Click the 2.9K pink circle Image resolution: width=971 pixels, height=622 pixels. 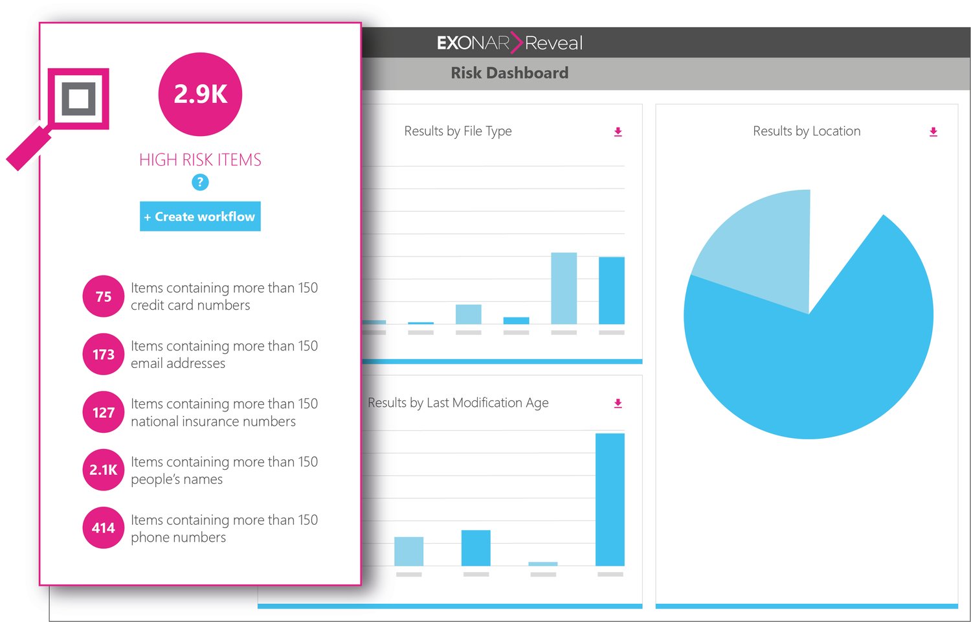[200, 95]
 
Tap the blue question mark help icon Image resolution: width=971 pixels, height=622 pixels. [200, 183]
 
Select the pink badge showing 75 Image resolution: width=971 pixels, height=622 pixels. [103, 297]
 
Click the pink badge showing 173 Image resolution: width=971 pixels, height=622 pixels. [103, 354]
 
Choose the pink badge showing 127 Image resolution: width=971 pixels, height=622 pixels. [103, 412]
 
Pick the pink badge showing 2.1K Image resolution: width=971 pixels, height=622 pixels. [103, 470]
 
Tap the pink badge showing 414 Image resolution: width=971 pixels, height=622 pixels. [103, 528]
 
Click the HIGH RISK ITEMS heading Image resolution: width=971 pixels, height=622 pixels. [200, 160]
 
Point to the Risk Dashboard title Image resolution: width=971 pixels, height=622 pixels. [509, 73]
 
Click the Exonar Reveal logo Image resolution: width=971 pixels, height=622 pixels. [509, 43]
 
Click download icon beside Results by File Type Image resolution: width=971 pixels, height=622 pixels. [618, 132]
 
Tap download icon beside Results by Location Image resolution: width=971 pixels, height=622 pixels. [933, 132]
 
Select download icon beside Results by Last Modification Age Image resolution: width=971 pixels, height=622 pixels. [618, 403]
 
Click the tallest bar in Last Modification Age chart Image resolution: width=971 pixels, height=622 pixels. [610, 499]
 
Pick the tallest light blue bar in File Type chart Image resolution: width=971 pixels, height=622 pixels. [563, 288]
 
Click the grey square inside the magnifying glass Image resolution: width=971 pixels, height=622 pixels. [78, 99]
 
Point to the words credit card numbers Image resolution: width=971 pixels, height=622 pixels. [190, 305]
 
